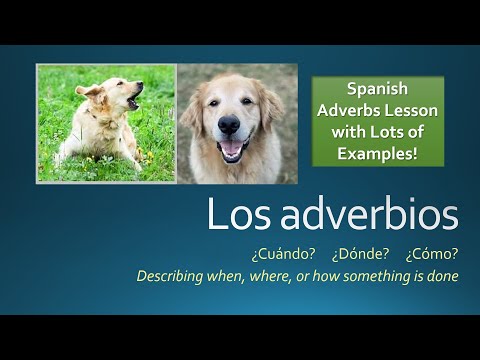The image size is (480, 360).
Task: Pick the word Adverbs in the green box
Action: click(346, 108)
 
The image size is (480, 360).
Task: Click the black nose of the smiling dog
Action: click(229, 126)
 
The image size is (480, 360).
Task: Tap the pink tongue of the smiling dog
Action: click(231, 151)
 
